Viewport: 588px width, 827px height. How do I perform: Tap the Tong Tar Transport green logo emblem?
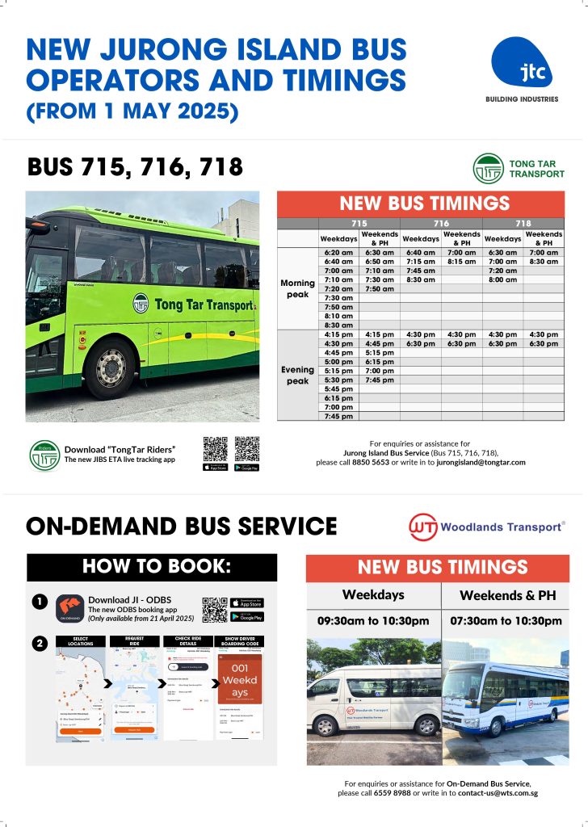pos(488,169)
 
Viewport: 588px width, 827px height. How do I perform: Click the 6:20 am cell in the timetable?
pos(338,253)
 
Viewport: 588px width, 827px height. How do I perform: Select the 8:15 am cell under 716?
pos(461,262)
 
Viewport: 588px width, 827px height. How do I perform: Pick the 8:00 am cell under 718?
pos(502,279)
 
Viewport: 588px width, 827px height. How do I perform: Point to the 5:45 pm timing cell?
pos(338,389)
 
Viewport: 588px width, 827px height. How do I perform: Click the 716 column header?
pos(441,222)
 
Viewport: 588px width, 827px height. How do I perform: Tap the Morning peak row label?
pos(298,288)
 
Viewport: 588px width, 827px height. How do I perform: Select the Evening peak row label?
pos(298,376)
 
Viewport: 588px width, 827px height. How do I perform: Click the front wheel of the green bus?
pos(111,368)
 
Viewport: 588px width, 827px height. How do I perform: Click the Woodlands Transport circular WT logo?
pos(424,527)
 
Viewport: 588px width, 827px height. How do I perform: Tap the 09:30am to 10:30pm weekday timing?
pos(373,621)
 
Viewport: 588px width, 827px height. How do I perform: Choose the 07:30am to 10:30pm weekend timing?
pos(506,621)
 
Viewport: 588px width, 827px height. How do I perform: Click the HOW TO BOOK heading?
pos(152,567)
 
